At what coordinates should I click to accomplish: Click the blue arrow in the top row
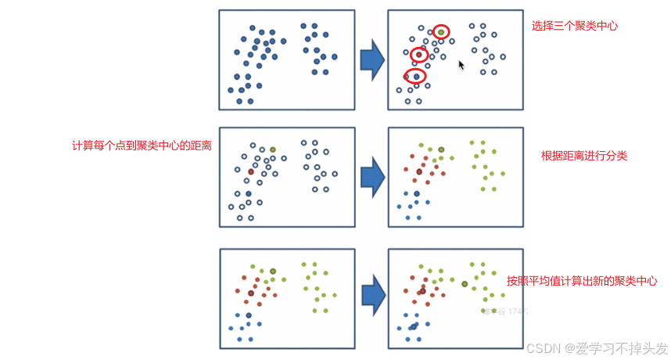(x=371, y=60)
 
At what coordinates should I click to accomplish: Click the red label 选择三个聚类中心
(x=575, y=26)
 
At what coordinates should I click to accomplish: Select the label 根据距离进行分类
(x=584, y=156)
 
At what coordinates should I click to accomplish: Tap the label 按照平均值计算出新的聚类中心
(x=581, y=280)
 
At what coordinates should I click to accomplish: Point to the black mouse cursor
(x=461, y=65)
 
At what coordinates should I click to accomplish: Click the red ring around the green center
(x=441, y=32)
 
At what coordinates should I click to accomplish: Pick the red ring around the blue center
(x=415, y=76)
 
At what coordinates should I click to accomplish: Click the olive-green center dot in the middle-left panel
(x=273, y=149)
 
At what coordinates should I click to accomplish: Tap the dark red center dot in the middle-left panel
(x=251, y=171)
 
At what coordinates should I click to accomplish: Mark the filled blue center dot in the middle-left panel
(x=248, y=193)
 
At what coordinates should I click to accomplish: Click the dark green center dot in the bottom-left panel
(x=273, y=272)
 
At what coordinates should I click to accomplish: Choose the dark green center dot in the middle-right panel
(x=441, y=149)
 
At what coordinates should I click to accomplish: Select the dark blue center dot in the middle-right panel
(x=417, y=193)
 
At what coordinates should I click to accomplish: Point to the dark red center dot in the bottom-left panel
(x=251, y=293)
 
